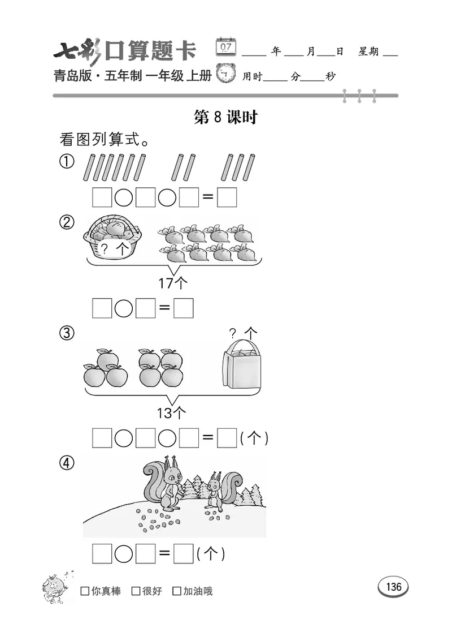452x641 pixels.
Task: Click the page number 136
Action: pyautogui.click(x=393, y=587)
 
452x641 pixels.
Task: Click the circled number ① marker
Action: pyautogui.click(x=67, y=162)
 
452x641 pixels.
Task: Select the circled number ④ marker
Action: pyautogui.click(x=67, y=463)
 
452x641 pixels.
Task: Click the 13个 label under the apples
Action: pyautogui.click(x=171, y=414)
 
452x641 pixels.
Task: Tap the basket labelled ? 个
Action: pyautogui.click(x=112, y=238)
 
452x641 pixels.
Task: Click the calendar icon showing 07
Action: pyautogui.click(x=227, y=47)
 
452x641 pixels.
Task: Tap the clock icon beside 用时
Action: pyautogui.click(x=227, y=75)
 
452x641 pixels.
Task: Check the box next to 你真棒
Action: pyautogui.click(x=85, y=591)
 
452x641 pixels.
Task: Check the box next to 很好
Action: pyautogui.click(x=136, y=591)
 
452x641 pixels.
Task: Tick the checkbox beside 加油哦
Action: pyautogui.click(x=177, y=591)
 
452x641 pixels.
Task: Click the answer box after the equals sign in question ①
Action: pyautogui.click(x=227, y=197)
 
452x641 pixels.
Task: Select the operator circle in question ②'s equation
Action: pyautogui.click(x=124, y=308)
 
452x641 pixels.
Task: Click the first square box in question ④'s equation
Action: pyautogui.click(x=102, y=554)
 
